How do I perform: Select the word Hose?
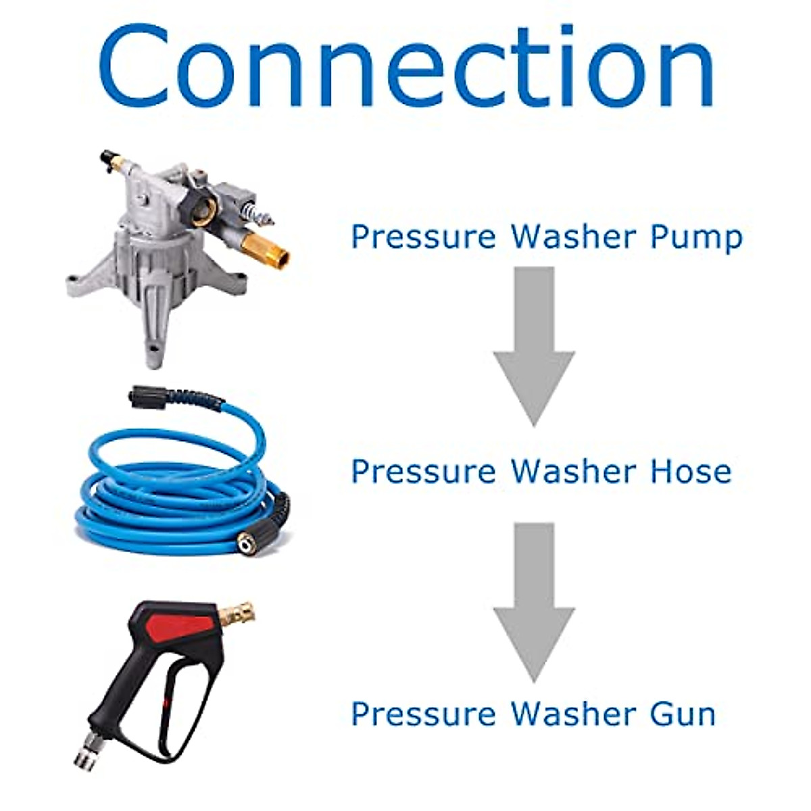(x=691, y=472)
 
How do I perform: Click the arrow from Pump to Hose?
(x=534, y=345)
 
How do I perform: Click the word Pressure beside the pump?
(x=423, y=238)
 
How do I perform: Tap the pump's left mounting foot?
(x=81, y=284)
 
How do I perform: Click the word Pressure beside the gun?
(x=423, y=714)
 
